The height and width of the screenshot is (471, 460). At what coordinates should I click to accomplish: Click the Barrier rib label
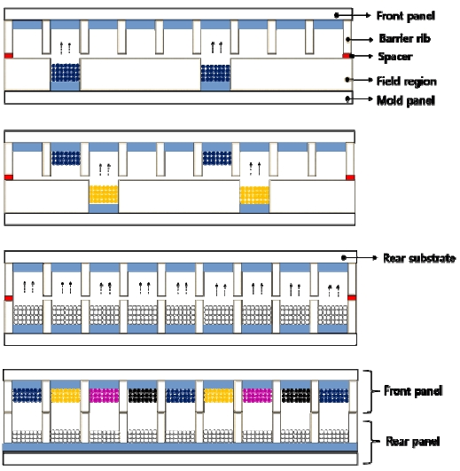click(x=404, y=38)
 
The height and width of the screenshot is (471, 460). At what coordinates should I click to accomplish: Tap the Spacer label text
click(x=395, y=57)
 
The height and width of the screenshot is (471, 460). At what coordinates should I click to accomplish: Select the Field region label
click(x=407, y=81)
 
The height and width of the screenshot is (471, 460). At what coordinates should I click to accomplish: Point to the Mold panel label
click(x=406, y=100)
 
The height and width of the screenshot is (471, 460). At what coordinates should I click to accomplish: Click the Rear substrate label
click(x=419, y=258)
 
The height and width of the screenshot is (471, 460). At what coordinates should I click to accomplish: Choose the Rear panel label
click(x=413, y=441)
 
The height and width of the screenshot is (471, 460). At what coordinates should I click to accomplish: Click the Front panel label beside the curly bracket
click(x=413, y=391)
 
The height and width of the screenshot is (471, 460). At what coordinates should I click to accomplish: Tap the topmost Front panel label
click(x=406, y=16)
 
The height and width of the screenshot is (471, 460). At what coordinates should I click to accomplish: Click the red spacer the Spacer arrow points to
click(x=347, y=56)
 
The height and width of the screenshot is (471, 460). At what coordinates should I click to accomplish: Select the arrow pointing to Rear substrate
click(x=360, y=258)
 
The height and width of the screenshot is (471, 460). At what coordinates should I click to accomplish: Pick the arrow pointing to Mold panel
click(x=359, y=98)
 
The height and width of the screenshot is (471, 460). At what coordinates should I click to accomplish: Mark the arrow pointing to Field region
click(x=359, y=80)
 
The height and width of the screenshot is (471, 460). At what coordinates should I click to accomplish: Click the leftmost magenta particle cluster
click(x=104, y=396)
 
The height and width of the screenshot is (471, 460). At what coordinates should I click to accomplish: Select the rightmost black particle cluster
click(x=296, y=396)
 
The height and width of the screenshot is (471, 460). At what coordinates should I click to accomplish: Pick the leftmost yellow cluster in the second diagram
click(x=104, y=194)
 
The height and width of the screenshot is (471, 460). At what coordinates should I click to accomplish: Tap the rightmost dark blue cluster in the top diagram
click(x=215, y=73)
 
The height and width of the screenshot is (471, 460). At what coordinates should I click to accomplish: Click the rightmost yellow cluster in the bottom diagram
click(x=218, y=396)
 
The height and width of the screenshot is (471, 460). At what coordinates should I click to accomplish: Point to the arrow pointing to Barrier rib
click(x=360, y=39)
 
